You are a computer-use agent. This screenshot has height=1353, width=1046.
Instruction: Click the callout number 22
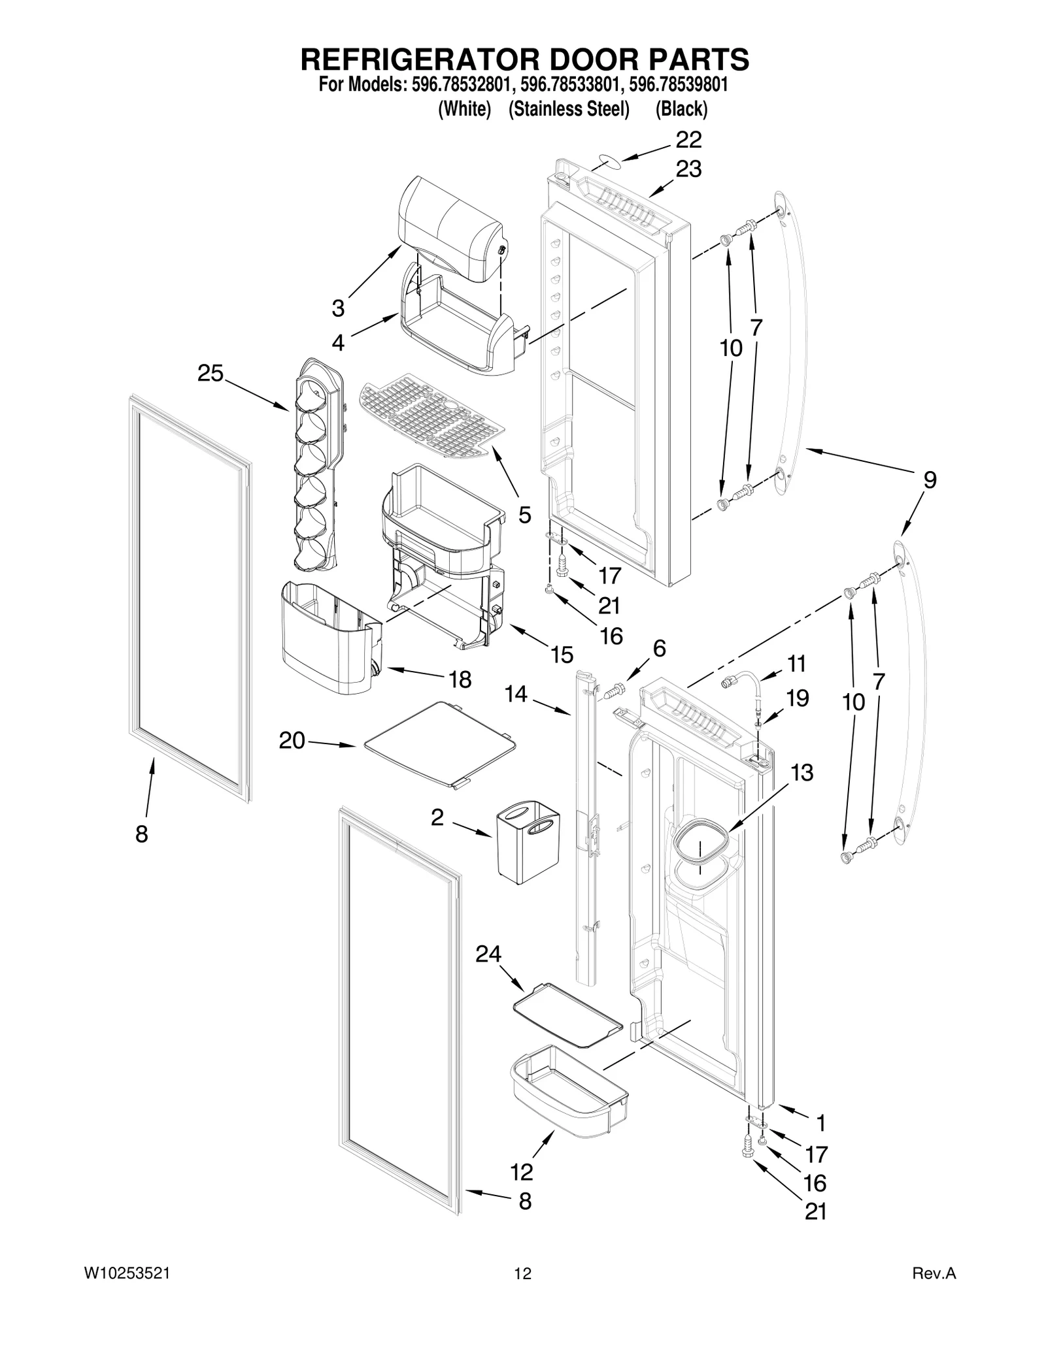pyautogui.click(x=688, y=139)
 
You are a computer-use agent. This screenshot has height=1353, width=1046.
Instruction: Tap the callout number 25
pyautogui.click(x=211, y=374)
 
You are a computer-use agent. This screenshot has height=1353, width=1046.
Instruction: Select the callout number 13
pyautogui.click(x=801, y=772)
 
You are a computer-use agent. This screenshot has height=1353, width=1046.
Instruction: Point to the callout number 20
pyautogui.click(x=292, y=740)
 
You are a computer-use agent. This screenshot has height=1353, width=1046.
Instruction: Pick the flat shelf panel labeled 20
pyautogui.click(x=439, y=744)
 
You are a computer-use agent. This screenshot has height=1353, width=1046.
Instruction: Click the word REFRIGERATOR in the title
pyautogui.click(x=412, y=59)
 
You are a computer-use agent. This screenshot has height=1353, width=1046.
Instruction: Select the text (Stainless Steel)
pyautogui.click(x=569, y=109)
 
